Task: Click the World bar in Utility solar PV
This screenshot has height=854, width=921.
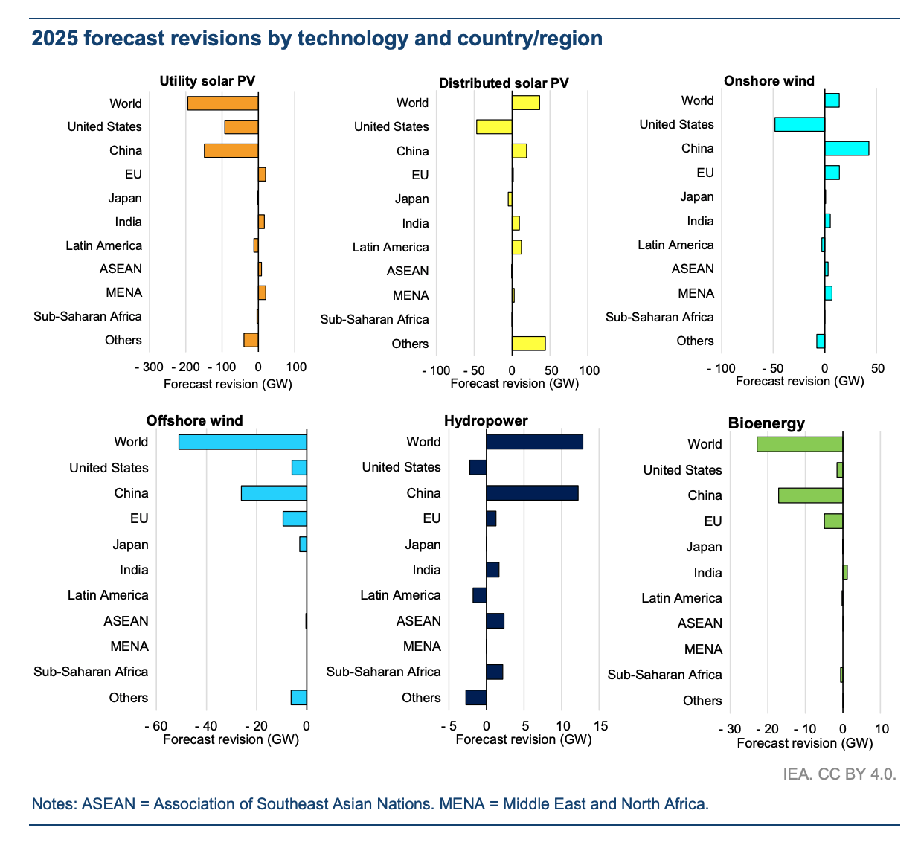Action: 222,103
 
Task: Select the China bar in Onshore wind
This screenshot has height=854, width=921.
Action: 847,149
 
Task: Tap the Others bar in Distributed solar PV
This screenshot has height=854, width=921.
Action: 528,344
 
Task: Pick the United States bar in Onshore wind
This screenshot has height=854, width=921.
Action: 800,124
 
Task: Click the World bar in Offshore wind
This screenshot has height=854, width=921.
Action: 243,442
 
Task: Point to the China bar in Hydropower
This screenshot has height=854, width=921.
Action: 532,493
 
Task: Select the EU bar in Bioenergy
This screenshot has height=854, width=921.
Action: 833,521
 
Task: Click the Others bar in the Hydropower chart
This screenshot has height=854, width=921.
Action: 476,698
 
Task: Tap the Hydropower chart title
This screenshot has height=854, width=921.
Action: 486,421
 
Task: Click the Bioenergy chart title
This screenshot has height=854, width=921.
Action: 766,423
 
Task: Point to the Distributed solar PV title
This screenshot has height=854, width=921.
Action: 504,83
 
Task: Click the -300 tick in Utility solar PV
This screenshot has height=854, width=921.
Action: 150,367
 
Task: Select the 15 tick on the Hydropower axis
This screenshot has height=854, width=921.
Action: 600,726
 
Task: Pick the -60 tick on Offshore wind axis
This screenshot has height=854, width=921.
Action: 155,726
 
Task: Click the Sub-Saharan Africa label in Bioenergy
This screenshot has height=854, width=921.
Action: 664,675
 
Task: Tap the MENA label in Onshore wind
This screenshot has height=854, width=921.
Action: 696,293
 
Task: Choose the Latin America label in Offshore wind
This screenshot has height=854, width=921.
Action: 108,595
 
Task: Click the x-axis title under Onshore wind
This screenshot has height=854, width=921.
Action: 800,381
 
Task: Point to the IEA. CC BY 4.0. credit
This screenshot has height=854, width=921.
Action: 839,774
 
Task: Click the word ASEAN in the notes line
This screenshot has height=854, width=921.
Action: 109,804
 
